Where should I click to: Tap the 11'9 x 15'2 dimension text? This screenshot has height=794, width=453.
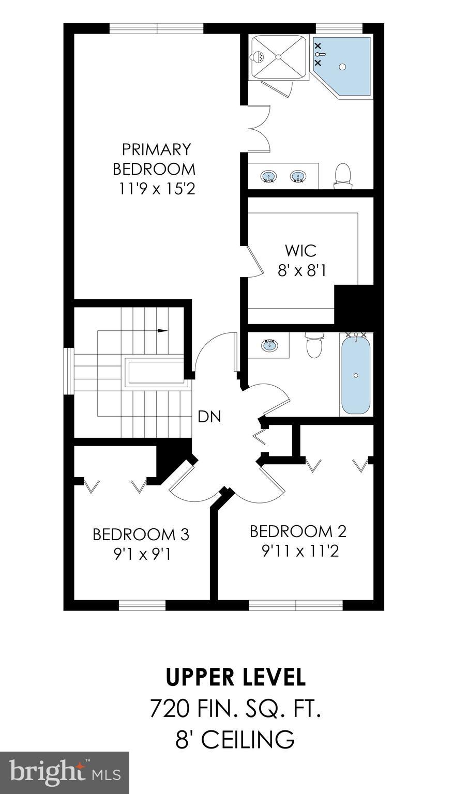(x=157, y=189)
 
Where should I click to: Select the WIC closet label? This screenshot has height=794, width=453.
(x=300, y=251)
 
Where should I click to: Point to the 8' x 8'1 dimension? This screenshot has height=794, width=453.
(x=301, y=270)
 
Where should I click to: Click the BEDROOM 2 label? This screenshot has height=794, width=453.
(x=298, y=531)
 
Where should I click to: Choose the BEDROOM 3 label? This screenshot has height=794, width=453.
(x=141, y=534)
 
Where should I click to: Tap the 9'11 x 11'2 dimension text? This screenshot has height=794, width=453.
(x=300, y=552)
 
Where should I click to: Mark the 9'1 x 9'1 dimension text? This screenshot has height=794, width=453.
(x=142, y=554)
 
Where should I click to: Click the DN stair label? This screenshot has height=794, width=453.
(x=209, y=417)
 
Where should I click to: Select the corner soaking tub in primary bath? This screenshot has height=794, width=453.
(x=343, y=66)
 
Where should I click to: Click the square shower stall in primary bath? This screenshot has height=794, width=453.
(x=278, y=57)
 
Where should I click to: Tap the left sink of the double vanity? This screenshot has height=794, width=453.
(x=268, y=177)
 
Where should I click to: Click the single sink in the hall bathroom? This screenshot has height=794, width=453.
(x=269, y=345)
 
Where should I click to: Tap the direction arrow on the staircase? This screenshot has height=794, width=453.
(x=162, y=330)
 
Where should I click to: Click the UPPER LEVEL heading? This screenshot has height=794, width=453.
(x=235, y=677)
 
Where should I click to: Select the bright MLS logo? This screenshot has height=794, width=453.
(x=65, y=772)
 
